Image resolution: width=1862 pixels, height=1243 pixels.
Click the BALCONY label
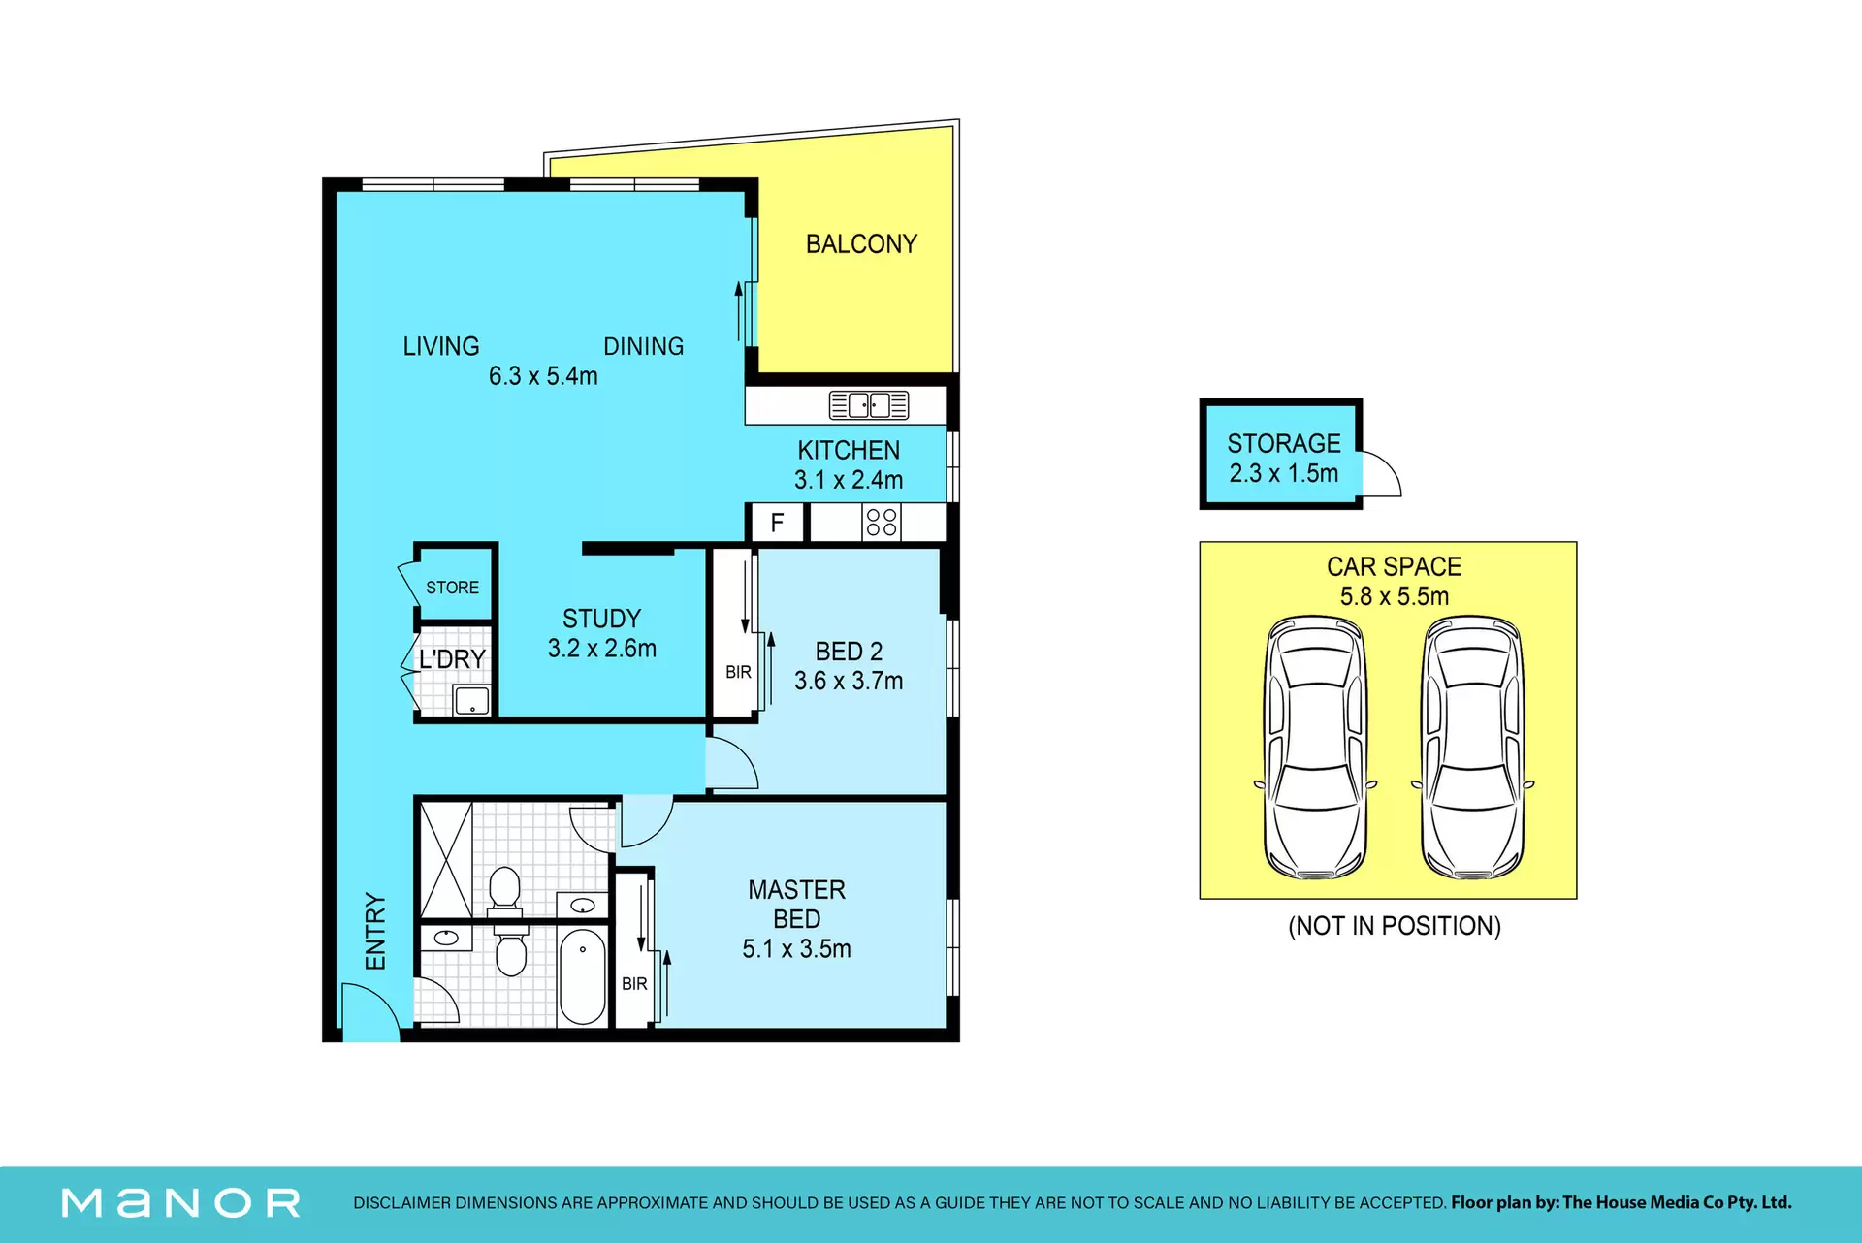tap(861, 244)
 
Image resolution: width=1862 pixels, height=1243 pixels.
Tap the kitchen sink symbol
tap(869, 405)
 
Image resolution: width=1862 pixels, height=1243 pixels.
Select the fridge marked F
tap(777, 524)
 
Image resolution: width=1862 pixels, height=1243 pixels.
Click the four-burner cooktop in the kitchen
tap(882, 523)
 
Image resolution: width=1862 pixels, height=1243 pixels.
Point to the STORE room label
tap(452, 588)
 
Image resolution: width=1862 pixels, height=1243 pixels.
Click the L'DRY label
tap(452, 659)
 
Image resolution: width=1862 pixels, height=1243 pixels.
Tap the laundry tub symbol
tap(472, 700)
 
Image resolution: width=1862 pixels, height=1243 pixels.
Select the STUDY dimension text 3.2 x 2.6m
tap(602, 649)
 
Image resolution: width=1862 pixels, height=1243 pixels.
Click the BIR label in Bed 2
tap(738, 672)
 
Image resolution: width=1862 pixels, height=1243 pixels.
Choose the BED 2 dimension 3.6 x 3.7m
tap(849, 682)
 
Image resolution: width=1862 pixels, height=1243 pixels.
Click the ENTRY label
tap(375, 932)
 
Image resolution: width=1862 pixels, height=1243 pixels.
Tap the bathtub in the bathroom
tap(583, 976)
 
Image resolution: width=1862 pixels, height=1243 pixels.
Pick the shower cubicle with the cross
tap(446, 860)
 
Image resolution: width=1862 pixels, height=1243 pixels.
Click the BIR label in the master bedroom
tap(634, 984)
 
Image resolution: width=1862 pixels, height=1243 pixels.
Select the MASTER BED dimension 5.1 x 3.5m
tap(797, 949)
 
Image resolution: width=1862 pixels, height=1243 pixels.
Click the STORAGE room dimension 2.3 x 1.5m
tap(1284, 474)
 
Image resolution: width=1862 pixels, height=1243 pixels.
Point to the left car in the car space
tap(1316, 748)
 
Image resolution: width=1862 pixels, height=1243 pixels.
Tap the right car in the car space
tap(1472, 748)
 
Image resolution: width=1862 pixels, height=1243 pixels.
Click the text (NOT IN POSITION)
tap(1395, 926)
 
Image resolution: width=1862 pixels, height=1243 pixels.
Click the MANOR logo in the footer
tap(181, 1203)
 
